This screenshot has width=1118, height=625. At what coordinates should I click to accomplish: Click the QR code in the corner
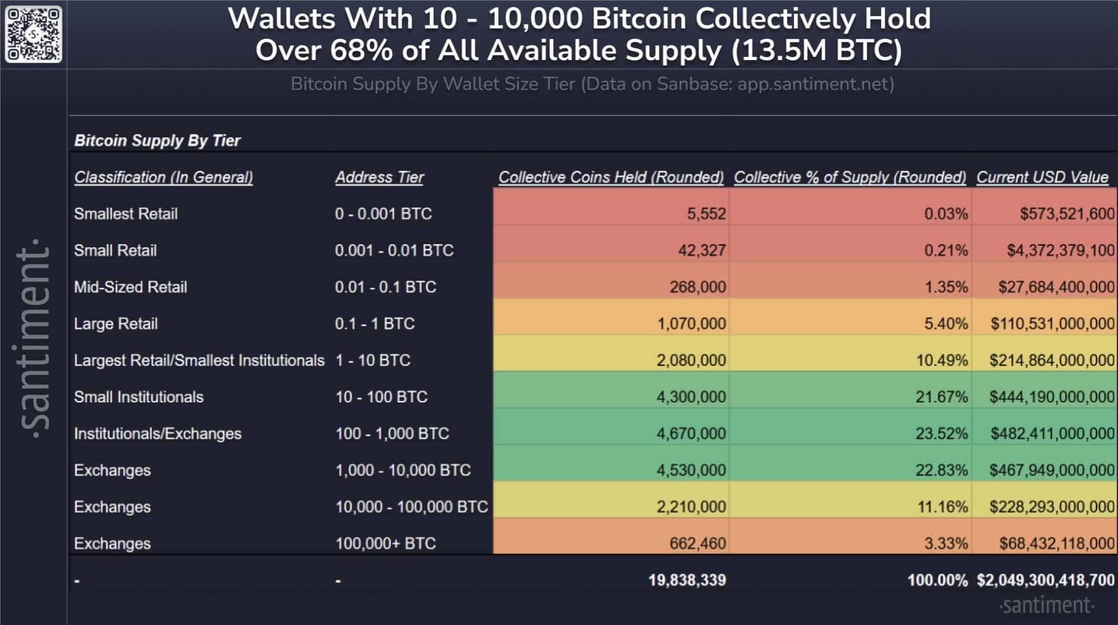point(33,34)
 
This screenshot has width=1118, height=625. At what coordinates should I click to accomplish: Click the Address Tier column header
point(379,177)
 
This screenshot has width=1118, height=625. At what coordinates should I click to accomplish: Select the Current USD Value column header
point(1042,177)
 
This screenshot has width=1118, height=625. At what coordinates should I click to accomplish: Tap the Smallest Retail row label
point(126,214)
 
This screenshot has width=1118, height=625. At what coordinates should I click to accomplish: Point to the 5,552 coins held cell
point(706,214)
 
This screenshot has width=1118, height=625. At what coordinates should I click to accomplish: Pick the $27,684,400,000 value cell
point(1056,287)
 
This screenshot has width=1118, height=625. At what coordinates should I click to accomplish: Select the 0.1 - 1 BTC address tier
point(374,323)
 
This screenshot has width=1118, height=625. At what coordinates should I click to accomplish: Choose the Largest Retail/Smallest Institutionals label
point(199,360)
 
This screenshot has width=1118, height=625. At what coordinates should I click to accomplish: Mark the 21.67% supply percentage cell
point(941,397)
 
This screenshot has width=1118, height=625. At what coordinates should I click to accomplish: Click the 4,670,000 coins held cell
point(690,433)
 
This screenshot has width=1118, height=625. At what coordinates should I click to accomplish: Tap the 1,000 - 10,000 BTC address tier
point(403,470)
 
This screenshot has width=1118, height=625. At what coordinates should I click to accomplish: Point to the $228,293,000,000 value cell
point(1052,507)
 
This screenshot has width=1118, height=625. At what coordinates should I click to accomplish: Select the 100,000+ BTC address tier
point(385,543)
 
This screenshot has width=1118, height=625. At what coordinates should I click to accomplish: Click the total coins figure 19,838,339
point(687,580)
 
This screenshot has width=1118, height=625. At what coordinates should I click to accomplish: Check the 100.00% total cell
point(937,580)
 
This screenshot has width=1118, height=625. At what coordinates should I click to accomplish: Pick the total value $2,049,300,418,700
point(1045,580)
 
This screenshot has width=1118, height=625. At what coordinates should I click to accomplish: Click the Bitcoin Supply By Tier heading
point(157,140)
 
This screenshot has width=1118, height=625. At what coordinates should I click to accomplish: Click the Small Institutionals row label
point(139,397)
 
